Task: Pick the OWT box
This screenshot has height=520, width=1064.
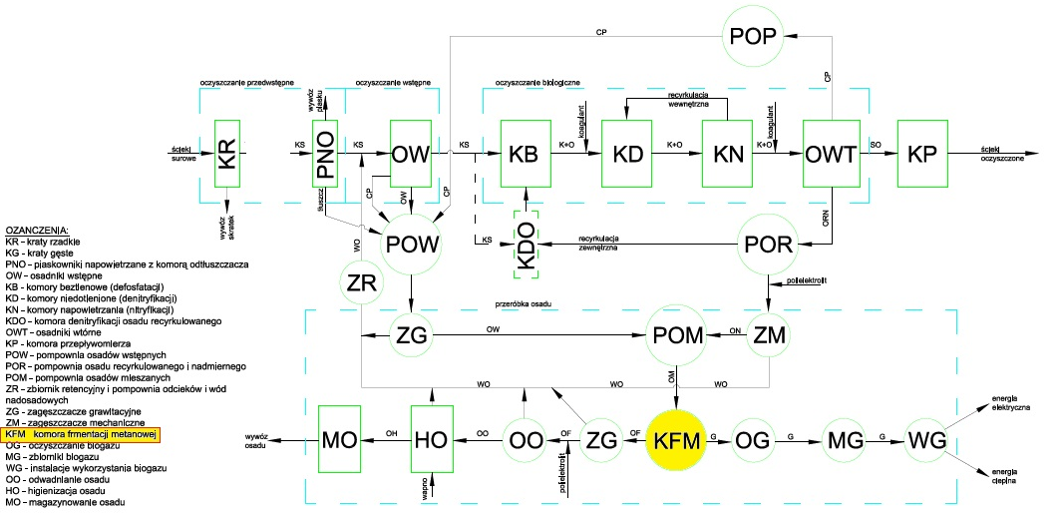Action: [x=831, y=154]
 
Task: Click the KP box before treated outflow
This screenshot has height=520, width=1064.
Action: [x=923, y=154]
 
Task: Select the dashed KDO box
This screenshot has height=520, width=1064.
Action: [x=526, y=244]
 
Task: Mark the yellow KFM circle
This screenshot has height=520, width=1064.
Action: [x=676, y=437]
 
